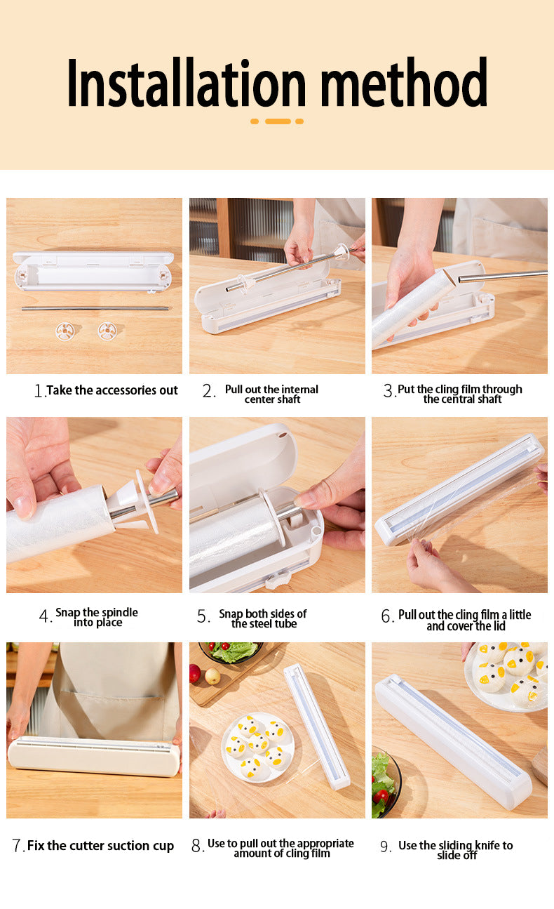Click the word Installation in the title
(x=187, y=83)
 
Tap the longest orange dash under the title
(x=278, y=121)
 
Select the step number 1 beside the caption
(x=39, y=391)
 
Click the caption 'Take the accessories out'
(x=112, y=390)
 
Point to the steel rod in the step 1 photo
(x=95, y=308)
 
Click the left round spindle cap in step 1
(x=65, y=330)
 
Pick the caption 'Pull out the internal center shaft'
(x=271, y=394)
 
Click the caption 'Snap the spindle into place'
(x=97, y=617)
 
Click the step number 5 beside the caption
(x=203, y=617)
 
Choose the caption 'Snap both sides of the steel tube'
(x=263, y=618)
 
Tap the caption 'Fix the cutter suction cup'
(x=100, y=846)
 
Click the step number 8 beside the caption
(x=197, y=846)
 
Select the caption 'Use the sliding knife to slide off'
(x=456, y=850)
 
